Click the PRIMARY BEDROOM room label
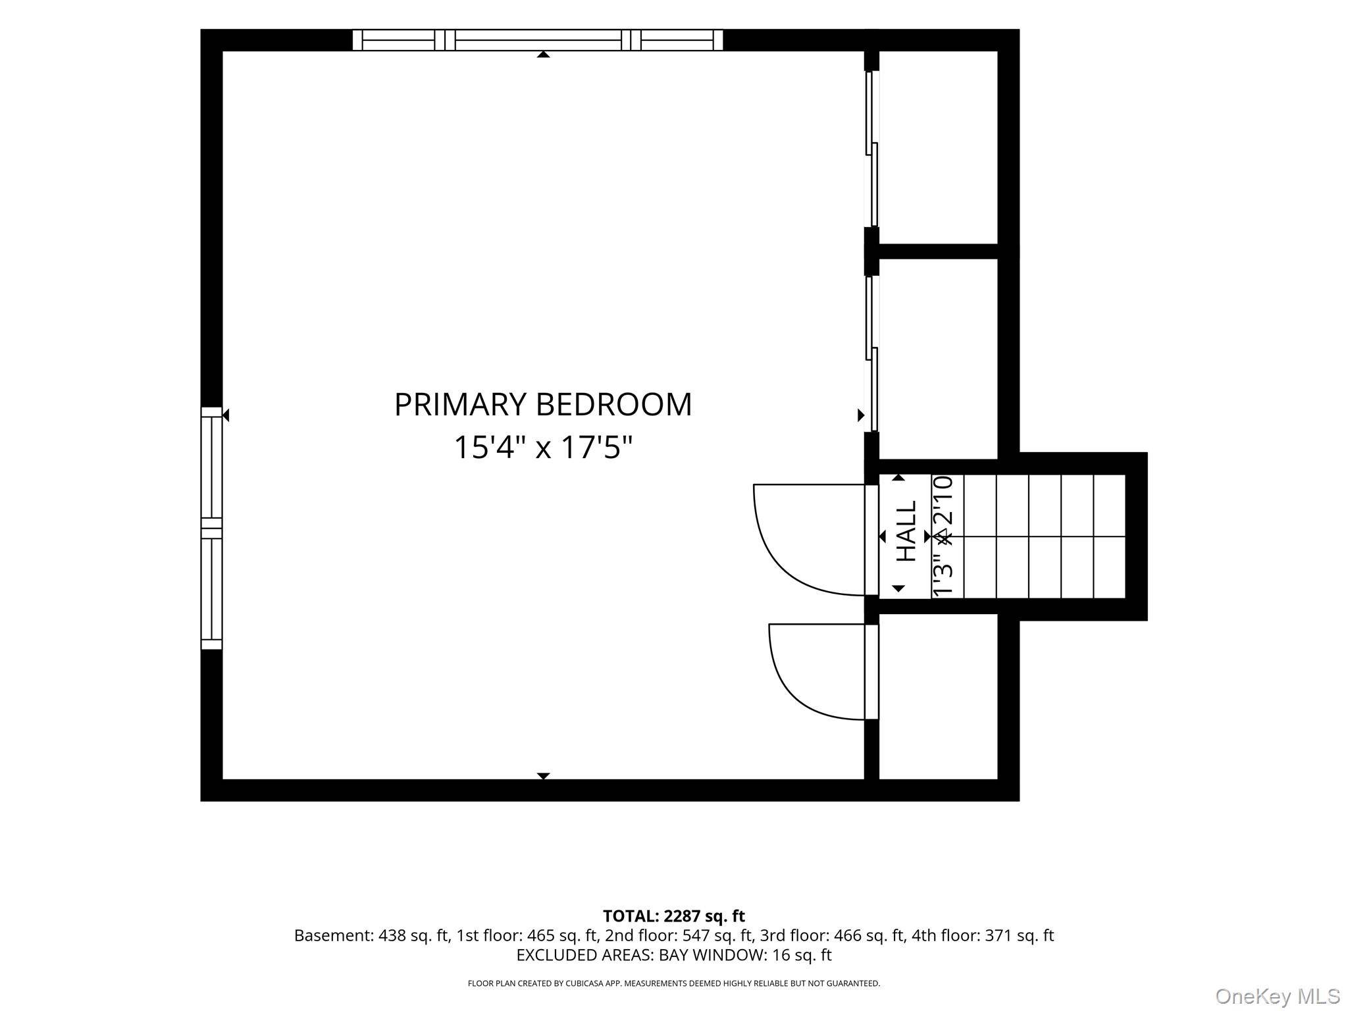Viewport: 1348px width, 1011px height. click(x=543, y=404)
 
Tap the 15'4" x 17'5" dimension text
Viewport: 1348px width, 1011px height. click(x=543, y=448)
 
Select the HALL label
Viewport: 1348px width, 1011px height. click(x=907, y=531)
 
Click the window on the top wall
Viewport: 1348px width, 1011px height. click(x=538, y=40)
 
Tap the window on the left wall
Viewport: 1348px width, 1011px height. click(x=211, y=528)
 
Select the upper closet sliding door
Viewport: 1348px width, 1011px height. click(x=872, y=149)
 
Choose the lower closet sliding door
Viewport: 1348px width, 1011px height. click(x=872, y=353)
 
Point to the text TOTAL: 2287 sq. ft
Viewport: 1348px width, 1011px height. click(x=674, y=916)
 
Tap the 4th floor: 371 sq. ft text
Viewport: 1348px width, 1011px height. click(x=983, y=935)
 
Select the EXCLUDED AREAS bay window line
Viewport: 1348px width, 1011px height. click(x=674, y=955)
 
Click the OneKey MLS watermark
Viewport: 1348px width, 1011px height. click(x=1278, y=997)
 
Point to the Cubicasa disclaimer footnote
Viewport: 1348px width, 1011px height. click(x=674, y=983)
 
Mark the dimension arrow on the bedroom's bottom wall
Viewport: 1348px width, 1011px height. click(x=543, y=776)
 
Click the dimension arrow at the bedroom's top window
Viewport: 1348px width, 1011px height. click(x=543, y=54)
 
